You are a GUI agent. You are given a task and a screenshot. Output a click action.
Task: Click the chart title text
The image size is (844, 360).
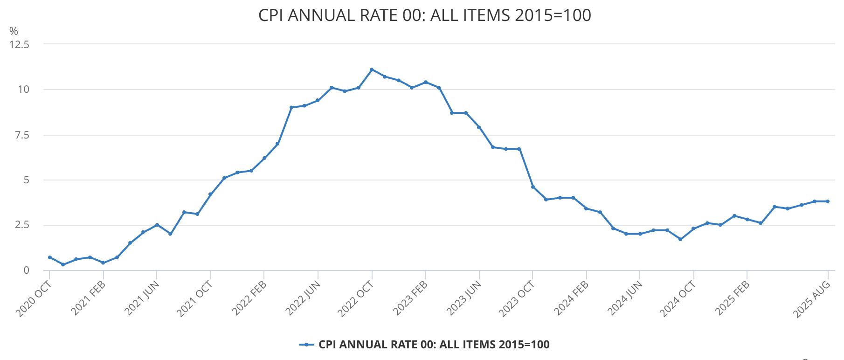click(x=424, y=15)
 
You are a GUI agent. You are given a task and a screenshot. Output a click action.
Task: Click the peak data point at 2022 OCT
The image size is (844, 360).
click(x=372, y=69)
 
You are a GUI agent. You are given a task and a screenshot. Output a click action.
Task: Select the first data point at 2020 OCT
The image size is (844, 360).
click(x=49, y=257)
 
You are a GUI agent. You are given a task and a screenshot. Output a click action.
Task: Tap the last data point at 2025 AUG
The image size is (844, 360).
click(x=828, y=201)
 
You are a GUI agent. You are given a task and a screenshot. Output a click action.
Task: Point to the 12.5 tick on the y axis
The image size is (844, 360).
click(x=20, y=45)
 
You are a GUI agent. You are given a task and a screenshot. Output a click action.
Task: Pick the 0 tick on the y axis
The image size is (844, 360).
click(x=27, y=270)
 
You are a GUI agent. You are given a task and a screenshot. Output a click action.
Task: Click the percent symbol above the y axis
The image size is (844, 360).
click(x=14, y=31)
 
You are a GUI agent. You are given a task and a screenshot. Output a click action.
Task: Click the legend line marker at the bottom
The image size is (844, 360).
click(x=306, y=345)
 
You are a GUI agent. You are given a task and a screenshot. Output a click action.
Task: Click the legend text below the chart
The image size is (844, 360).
click(x=434, y=345)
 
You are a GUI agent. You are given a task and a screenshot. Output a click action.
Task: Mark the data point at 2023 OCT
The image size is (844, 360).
click(x=533, y=187)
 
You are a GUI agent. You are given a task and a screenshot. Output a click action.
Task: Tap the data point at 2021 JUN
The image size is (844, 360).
click(x=157, y=225)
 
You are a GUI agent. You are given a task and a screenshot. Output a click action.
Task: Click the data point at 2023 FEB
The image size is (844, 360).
click(x=425, y=82)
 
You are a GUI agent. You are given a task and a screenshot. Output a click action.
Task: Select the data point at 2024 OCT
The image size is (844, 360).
click(x=693, y=228)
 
